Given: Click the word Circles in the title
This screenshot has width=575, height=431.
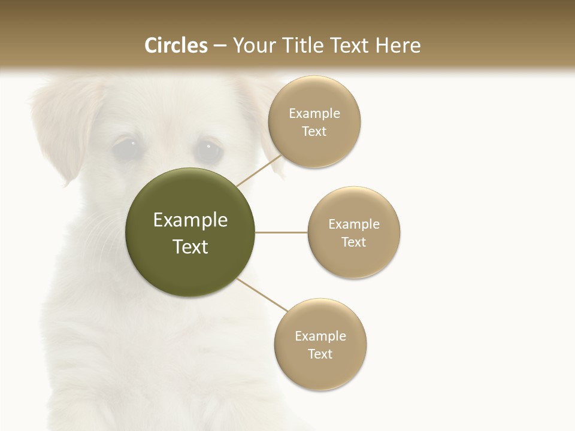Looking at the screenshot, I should pyautogui.click(x=175, y=45).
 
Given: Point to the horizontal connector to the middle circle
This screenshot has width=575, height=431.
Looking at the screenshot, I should pyautogui.click(x=282, y=232).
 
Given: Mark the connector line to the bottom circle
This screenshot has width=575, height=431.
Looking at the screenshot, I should pyautogui.click(x=261, y=295).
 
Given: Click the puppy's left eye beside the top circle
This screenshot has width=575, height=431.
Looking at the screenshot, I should pyautogui.click(x=208, y=149).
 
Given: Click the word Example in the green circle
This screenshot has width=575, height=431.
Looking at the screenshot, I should pyautogui.click(x=190, y=220).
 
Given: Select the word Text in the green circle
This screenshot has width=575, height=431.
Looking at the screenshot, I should pyautogui.click(x=190, y=247).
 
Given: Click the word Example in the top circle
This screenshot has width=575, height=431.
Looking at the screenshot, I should pyautogui.click(x=314, y=114).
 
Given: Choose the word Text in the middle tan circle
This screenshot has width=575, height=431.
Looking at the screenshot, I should pyautogui.click(x=354, y=242).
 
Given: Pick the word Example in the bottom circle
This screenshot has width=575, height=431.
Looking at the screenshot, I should pyautogui.click(x=320, y=336).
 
